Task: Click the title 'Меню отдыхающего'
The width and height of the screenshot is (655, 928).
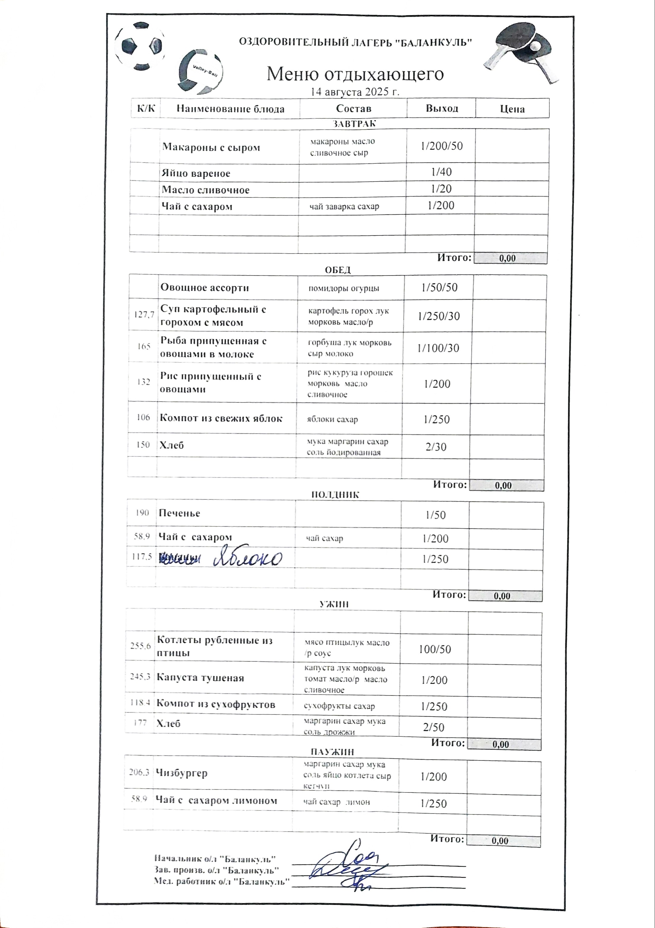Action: (x=355, y=74)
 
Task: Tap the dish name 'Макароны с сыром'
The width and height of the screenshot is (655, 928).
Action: (x=211, y=147)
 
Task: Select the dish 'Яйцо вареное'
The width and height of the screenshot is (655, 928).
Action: (x=196, y=173)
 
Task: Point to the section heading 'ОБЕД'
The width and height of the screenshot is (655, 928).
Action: (x=338, y=270)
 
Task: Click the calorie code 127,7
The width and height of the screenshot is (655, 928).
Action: (x=144, y=314)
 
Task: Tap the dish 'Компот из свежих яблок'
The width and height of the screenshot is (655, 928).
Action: (x=221, y=418)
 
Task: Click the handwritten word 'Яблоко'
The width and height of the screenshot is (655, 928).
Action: (x=248, y=558)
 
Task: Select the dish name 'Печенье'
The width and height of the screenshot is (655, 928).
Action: (x=179, y=513)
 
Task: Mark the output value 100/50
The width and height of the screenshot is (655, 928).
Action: (x=435, y=649)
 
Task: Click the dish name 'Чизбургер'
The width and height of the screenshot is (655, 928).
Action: (x=182, y=773)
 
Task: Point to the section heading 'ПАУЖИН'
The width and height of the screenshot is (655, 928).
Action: (x=332, y=752)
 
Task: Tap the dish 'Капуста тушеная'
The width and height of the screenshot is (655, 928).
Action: (x=200, y=677)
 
